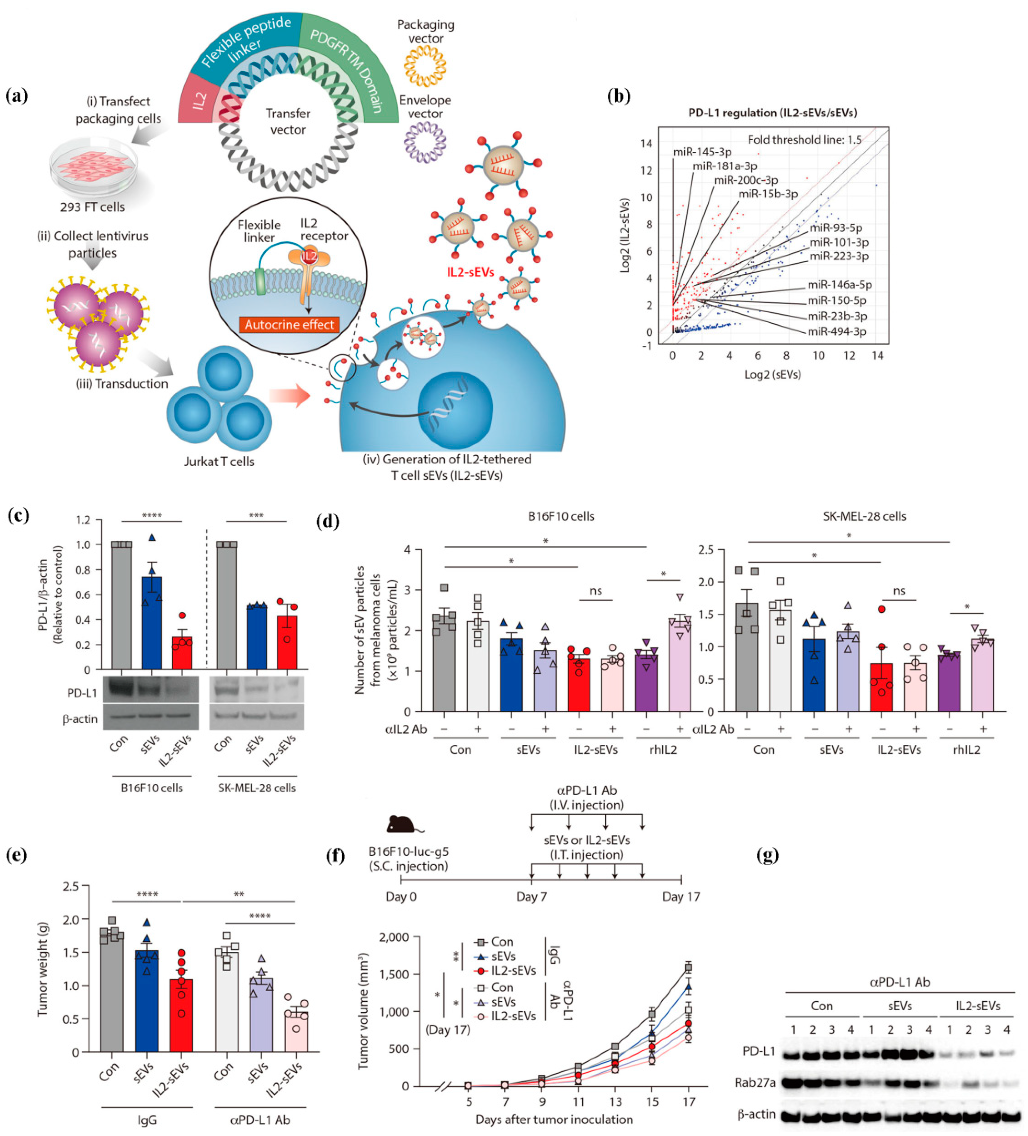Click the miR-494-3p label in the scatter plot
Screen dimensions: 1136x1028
(x=836, y=331)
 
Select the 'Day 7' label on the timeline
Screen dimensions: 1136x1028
(x=531, y=896)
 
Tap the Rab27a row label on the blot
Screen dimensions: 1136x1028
(x=755, y=1082)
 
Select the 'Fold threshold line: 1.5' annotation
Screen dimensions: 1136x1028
(x=804, y=140)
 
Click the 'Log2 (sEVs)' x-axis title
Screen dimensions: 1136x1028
(x=772, y=374)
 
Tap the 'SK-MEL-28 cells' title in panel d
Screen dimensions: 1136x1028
(x=864, y=516)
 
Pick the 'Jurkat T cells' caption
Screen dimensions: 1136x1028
(x=219, y=462)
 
